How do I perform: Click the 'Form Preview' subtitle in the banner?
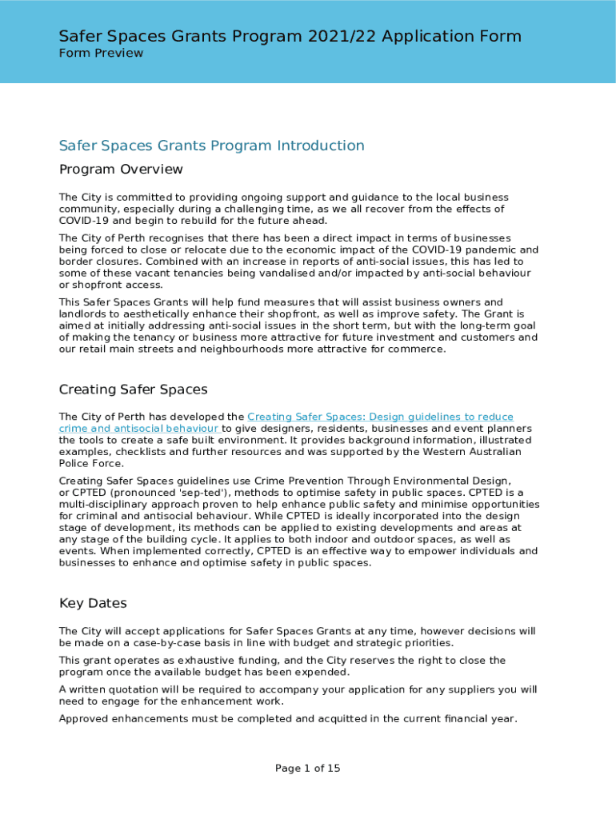click(101, 53)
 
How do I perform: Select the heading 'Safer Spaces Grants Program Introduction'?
click(211, 146)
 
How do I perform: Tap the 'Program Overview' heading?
click(121, 170)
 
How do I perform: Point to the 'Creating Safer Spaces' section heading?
click(133, 390)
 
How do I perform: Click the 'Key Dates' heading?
click(93, 603)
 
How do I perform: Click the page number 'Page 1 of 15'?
click(307, 769)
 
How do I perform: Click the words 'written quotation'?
click(107, 689)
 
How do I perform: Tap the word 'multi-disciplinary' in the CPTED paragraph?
click(105, 504)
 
